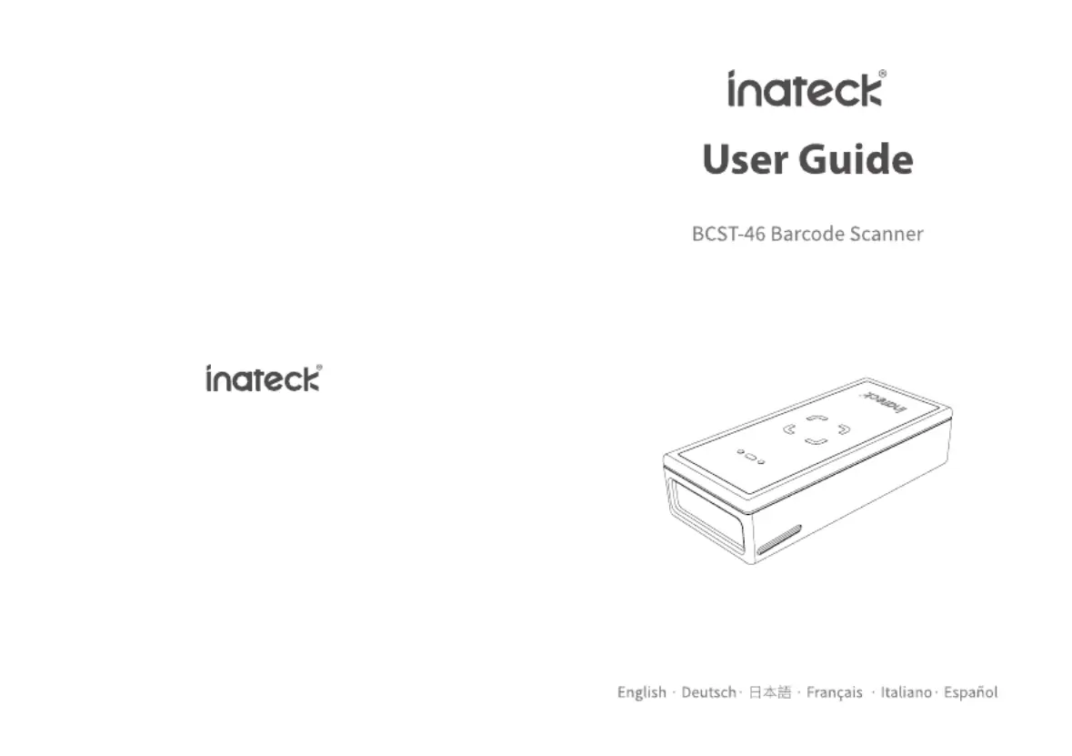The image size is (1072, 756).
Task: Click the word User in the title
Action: [745, 159]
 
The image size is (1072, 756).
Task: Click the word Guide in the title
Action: [856, 159]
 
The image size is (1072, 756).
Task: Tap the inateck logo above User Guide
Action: [807, 89]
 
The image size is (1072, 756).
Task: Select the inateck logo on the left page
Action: [264, 378]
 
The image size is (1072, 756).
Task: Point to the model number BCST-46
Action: [728, 234]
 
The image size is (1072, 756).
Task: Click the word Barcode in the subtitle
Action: [807, 234]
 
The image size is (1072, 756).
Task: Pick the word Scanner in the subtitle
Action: [886, 234]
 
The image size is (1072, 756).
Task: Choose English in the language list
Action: [641, 692]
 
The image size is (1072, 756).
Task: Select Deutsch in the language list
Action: [708, 692]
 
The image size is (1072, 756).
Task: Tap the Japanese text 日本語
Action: [770, 692]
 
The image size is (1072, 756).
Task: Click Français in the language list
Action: [834, 692]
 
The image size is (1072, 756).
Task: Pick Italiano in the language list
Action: [906, 692]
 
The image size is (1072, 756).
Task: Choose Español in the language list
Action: [971, 692]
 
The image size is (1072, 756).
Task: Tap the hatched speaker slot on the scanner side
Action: [778, 539]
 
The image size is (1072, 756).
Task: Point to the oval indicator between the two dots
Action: [751, 457]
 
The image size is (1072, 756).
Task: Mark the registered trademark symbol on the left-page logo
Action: [319, 368]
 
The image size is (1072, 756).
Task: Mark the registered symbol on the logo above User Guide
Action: [883, 74]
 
